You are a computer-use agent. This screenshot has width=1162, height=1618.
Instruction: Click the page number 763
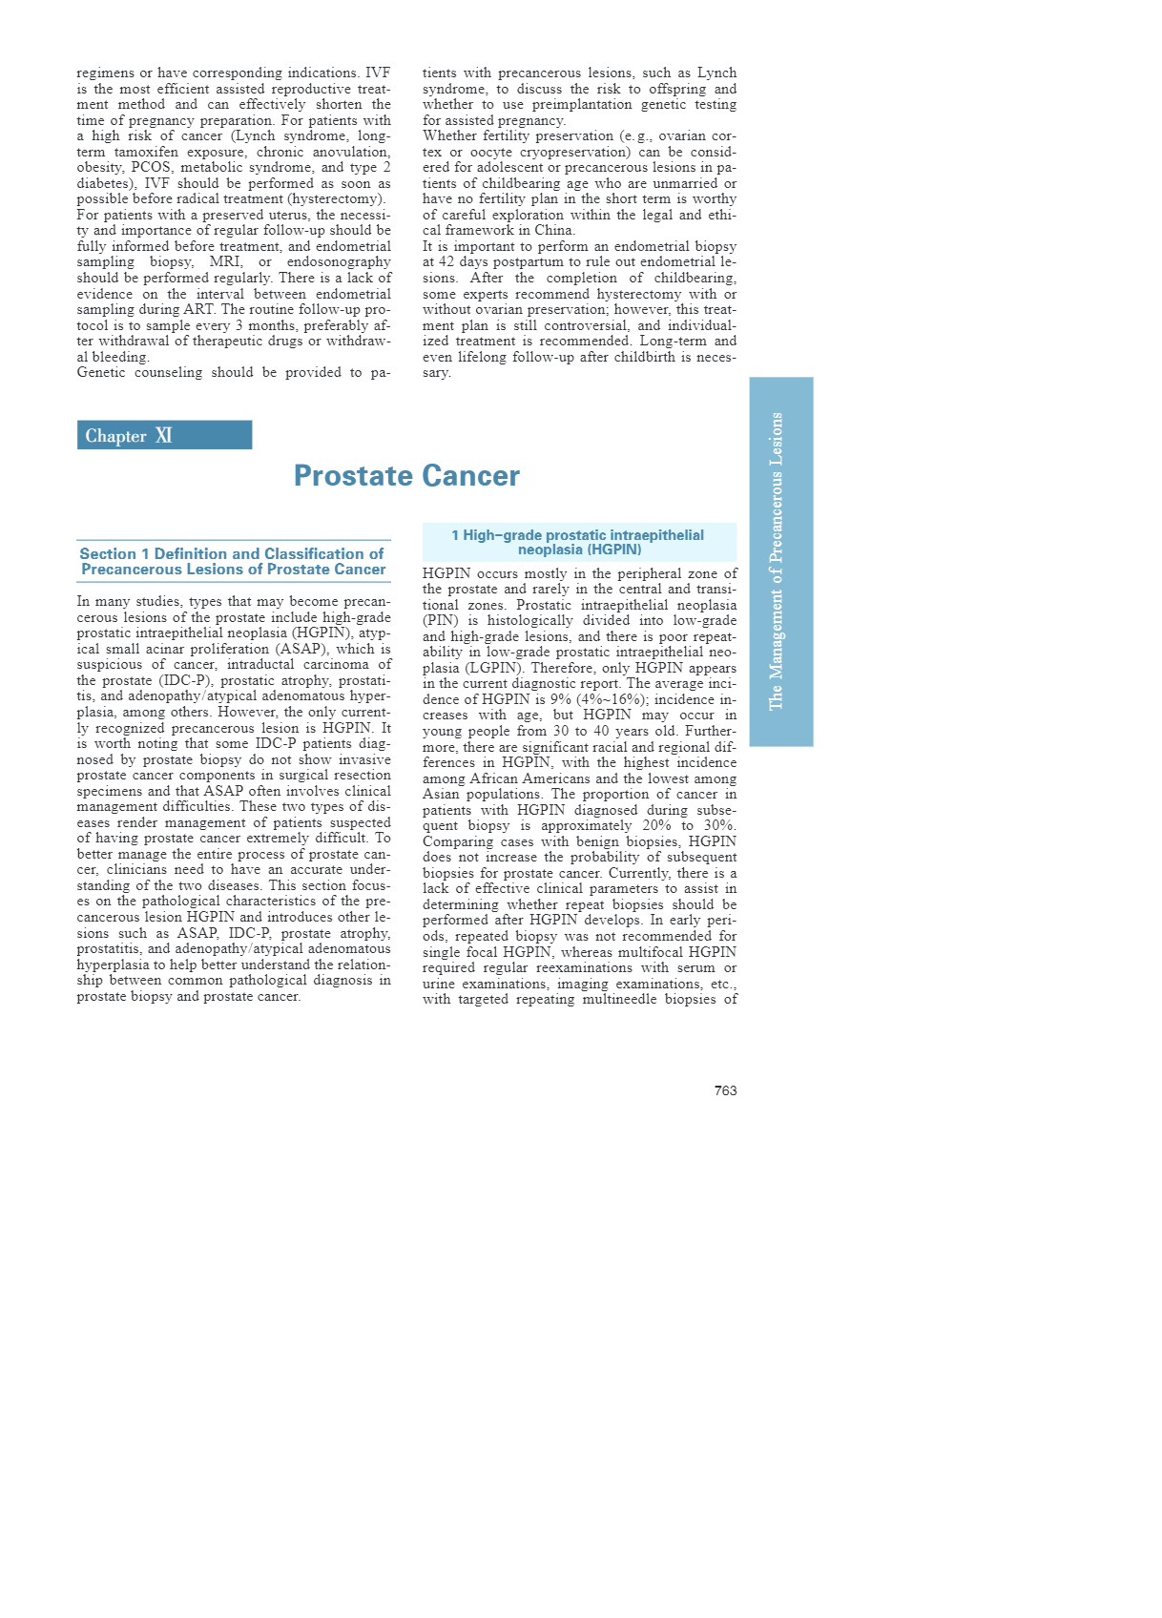[x=725, y=1090]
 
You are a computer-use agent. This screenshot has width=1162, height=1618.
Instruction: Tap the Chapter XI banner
[x=164, y=435]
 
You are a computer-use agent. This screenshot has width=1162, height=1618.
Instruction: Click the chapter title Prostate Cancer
[x=406, y=475]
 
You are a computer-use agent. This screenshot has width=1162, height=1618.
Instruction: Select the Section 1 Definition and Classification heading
[x=233, y=561]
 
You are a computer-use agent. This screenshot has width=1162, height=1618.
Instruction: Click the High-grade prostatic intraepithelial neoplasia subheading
[x=578, y=542]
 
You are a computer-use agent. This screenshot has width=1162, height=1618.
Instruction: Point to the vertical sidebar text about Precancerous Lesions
[x=777, y=561]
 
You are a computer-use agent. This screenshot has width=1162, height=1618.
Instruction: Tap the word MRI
[x=225, y=261]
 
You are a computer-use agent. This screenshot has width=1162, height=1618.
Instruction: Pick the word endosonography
[x=339, y=261]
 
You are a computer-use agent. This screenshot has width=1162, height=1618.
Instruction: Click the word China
[x=553, y=230]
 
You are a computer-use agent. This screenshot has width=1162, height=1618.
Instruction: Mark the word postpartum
[x=521, y=261]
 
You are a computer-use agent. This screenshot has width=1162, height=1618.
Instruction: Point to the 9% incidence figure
[x=560, y=699]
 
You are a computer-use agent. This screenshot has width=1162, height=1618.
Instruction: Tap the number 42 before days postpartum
[x=447, y=261]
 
